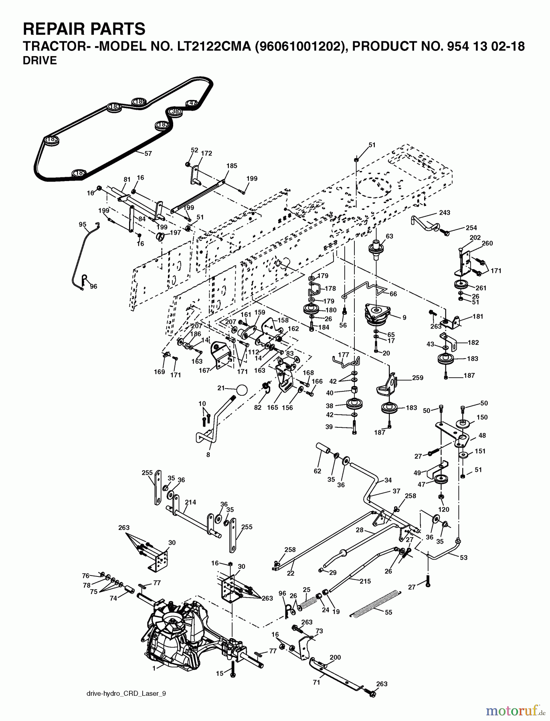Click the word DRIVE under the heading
tap(40, 60)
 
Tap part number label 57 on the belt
tap(148, 153)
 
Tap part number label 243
tap(445, 213)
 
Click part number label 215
tap(365, 581)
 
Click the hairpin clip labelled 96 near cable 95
tap(84, 278)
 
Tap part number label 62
tap(317, 471)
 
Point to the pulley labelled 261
tap(459, 285)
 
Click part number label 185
tap(232, 166)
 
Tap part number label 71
tap(317, 683)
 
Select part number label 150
tap(482, 417)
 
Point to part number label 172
tap(206, 153)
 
